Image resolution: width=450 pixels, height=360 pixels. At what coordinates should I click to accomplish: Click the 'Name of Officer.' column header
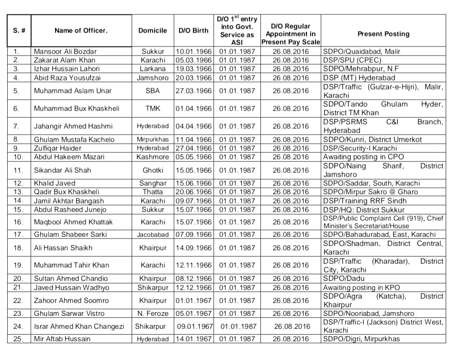tap(80, 31)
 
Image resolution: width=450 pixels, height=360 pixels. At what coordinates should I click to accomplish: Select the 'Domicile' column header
tap(153, 31)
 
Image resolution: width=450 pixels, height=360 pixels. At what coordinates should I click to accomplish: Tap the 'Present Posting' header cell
tap(383, 34)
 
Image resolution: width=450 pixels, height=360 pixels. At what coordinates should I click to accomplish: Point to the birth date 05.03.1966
tap(193, 60)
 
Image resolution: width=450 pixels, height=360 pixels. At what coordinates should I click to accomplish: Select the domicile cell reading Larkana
tap(153, 69)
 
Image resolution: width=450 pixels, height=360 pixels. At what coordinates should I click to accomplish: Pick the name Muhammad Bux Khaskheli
tap(73, 109)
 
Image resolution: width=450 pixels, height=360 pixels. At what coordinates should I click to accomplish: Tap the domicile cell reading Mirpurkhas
tap(153, 139)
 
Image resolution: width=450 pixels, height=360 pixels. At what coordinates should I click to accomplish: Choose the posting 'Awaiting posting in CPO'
tap(363, 157)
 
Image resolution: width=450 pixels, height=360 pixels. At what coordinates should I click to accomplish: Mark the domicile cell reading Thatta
tap(153, 192)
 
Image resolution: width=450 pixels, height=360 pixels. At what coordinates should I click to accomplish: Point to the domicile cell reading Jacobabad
tap(153, 235)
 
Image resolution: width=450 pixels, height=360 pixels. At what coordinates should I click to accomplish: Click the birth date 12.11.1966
tap(193, 265)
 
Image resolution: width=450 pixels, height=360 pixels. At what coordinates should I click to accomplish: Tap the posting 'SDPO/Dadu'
tap(341, 279)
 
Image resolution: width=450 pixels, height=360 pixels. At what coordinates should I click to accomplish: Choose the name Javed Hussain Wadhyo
tap(71, 288)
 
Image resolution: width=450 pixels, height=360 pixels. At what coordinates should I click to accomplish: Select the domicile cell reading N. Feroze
tap(153, 314)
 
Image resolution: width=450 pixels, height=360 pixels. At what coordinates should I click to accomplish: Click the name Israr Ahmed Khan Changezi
tap(79, 326)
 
